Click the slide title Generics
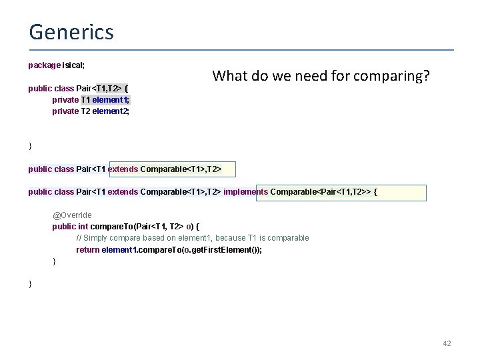(x=71, y=31)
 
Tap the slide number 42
(x=447, y=343)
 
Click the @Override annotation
(x=72, y=215)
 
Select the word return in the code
(x=88, y=250)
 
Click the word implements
(x=246, y=192)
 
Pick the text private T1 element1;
(x=91, y=100)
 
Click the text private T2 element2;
(x=91, y=111)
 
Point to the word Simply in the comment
(x=97, y=238)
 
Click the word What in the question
(x=230, y=76)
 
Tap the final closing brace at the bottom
(x=30, y=284)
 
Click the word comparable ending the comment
(x=287, y=238)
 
